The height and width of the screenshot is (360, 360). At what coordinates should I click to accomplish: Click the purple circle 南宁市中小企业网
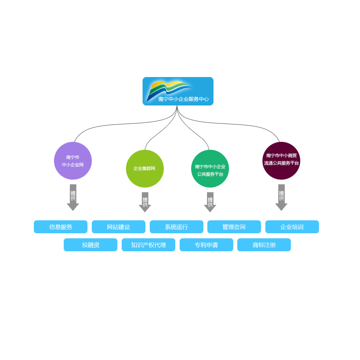pyautogui.click(x=73, y=161)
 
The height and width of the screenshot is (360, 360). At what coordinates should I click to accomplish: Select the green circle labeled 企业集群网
pyautogui.click(x=145, y=168)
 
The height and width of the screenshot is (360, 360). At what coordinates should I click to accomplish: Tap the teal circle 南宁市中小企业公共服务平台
pyautogui.click(x=210, y=169)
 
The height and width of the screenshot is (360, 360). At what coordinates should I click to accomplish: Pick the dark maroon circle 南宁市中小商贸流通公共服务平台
pyautogui.click(x=281, y=161)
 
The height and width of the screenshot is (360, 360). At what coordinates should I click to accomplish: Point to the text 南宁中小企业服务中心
pyautogui.click(x=183, y=99)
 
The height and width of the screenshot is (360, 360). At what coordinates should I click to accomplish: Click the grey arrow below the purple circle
pyautogui.click(x=73, y=198)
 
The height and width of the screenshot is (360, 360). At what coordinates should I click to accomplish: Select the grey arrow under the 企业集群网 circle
pyautogui.click(x=145, y=202)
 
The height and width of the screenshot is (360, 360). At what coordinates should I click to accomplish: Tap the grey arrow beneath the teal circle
pyautogui.click(x=210, y=202)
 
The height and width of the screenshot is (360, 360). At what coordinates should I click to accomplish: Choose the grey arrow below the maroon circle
pyautogui.click(x=281, y=198)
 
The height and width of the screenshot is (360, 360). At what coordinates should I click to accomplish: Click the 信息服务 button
pyautogui.click(x=60, y=227)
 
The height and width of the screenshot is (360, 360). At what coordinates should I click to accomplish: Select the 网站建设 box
pyautogui.click(x=118, y=227)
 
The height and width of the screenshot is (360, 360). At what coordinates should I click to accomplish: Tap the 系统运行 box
pyautogui.click(x=176, y=227)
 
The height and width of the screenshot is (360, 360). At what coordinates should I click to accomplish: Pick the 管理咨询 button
pyautogui.click(x=234, y=227)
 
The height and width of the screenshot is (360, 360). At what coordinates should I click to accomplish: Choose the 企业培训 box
pyautogui.click(x=292, y=227)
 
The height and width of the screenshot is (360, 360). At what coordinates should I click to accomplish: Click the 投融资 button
pyautogui.click(x=90, y=245)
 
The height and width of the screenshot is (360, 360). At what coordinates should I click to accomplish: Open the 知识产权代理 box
pyautogui.click(x=148, y=245)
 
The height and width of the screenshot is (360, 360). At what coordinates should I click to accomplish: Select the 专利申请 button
pyautogui.click(x=206, y=245)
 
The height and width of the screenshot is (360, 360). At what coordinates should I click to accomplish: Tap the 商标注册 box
pyautogui.click(x=264, y=245)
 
